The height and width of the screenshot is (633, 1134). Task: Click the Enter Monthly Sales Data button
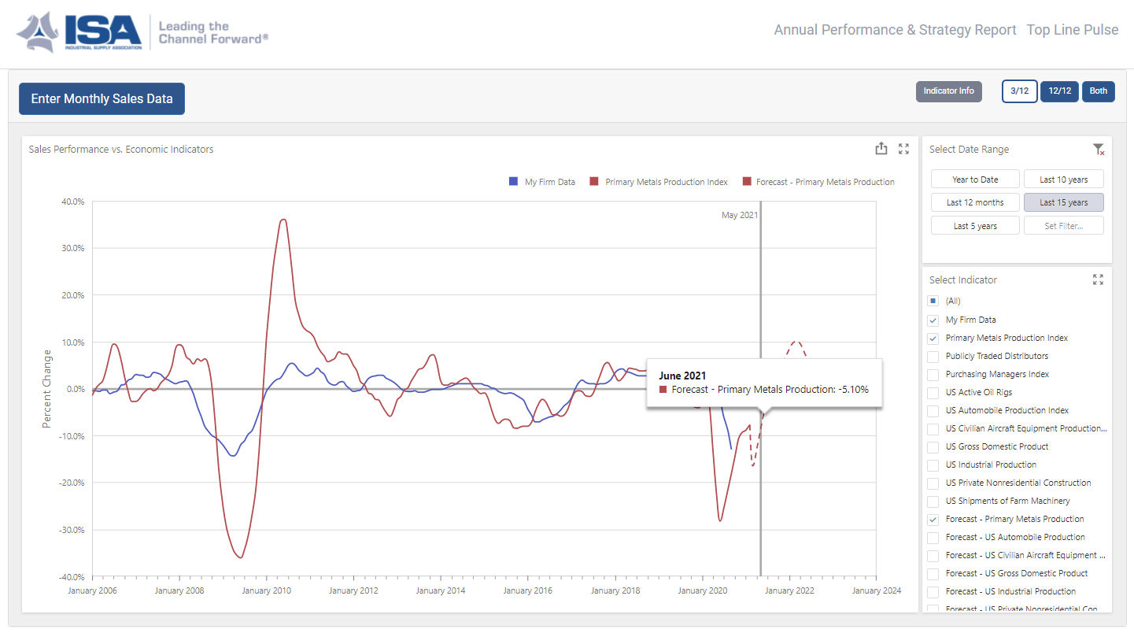pyautogui.click(x=102, y=99)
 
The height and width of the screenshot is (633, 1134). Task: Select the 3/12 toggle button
pyautogui.click(x=1019, y=91)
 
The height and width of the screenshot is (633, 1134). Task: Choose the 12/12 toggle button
pyautogui.click(x=1059, y=91)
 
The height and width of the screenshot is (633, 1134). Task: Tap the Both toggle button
pyautogui.click(x=1098, y=91)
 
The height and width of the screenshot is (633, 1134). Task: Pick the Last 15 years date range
pyautogui.click(x=1063, y=202)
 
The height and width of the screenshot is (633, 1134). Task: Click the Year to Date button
pyautogui.click(x=975, y=180)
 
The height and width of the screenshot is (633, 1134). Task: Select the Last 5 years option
pyautogui.click(x=975, y=226)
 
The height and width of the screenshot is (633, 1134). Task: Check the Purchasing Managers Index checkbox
pyautogui.click(x=933, y=375)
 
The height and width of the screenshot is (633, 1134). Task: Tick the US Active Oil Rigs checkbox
pyautogui.click(x=933, y=393)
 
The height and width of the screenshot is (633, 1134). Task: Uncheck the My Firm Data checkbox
pyautogui.click(x=933, y=320)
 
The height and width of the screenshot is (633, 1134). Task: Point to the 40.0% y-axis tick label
pyautogui.click(x=72, y=202)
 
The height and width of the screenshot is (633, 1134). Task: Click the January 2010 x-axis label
pyautogui.click(x=267, y=590)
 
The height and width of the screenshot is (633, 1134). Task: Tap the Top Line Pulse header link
pyautogui.click(x=1072, y=30)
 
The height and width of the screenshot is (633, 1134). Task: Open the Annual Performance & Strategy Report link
pyautogui.click(x=895, y=30)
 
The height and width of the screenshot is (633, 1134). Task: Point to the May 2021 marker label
pyautogui.click(x=739, y=215)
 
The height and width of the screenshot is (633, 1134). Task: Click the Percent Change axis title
pyautogui.click(x=46, y=389)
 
